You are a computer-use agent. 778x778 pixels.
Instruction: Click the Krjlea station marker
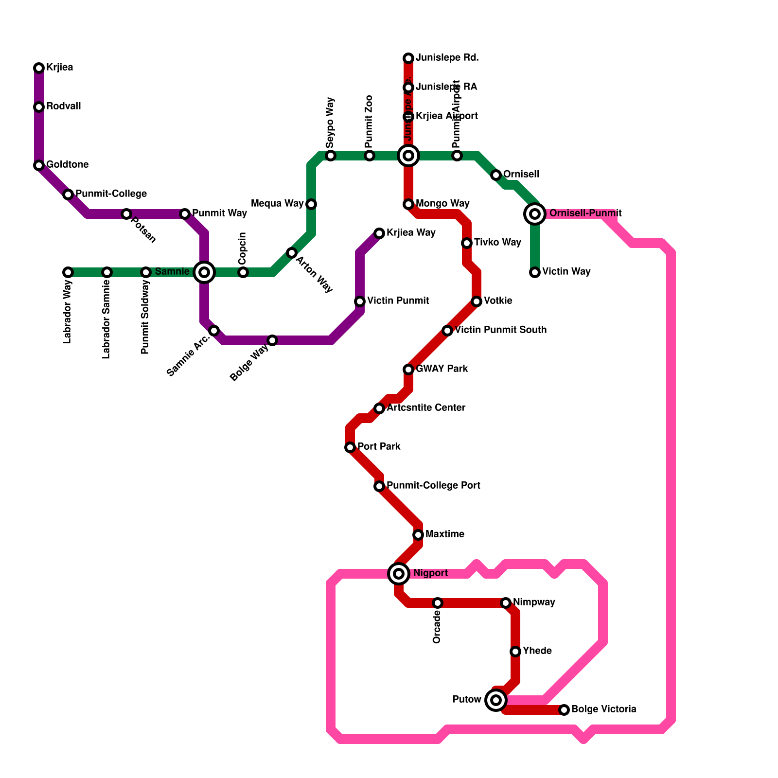click(x=39, y=68)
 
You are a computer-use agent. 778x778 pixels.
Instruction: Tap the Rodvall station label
click(x=63, y=106)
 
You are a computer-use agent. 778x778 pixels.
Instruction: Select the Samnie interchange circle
click(x=204, y=272)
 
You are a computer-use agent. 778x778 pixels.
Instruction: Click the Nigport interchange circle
click(x=399, y=574)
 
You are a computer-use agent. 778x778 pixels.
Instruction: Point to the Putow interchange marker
click(x=496, y=700)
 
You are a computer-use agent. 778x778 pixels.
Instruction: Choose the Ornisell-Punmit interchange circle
click(x=535, y=214)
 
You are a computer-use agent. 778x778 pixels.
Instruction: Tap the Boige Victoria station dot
click(x=564, y=710)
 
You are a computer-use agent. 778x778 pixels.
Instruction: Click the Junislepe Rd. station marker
click(x=408, y=58)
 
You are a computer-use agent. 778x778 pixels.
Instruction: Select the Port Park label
click(x=379, y=447)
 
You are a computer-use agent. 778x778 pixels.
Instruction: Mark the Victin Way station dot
click(x=535, y=272)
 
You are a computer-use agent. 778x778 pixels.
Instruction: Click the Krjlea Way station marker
click(x=379, y=233)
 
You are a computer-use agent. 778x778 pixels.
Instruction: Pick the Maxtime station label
click(x=444, y=534)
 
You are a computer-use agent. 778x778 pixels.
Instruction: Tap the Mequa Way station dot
click(x=311, y=204)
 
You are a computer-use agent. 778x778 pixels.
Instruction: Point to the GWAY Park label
click(x=442, y=369)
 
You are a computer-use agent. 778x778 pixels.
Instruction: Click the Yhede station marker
click(x=515, y=652)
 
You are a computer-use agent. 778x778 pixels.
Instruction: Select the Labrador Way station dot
click(x=68, y=272)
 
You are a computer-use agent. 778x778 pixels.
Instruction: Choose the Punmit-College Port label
click(x=433, y=486)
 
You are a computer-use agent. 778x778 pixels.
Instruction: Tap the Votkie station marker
click(x=477, y=301)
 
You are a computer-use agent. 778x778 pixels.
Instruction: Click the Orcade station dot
click(x=438, y=603)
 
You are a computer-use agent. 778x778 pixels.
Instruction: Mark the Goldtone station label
click(x=67, y=165)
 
